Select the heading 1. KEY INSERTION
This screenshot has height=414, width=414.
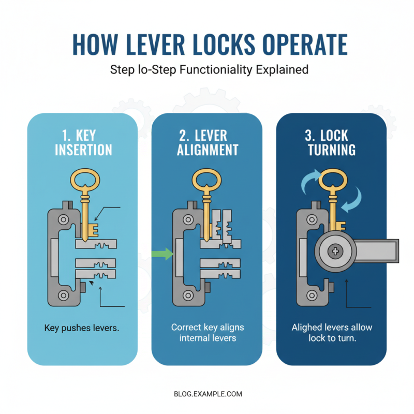tap(83, 143)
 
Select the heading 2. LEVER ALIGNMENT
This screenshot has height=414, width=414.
tap(207, 143)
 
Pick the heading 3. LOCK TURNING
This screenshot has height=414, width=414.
tap(331, 143)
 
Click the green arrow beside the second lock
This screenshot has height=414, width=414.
tap(162, 254)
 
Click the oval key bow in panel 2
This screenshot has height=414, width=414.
tap(206, 181)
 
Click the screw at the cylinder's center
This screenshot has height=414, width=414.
tap(336, 252)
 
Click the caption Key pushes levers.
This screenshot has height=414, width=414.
tap(82, 328)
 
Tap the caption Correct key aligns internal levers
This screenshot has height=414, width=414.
tap(207, 333)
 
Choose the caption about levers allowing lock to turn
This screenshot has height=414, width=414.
tap(331, 333)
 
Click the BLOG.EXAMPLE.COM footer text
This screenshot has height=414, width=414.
tap(207, 394)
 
